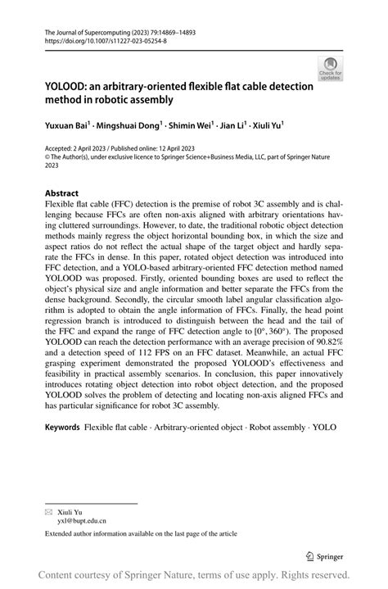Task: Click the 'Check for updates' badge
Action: pyautogui.click(x=331, y=69)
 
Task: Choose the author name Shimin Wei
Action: pyautogui.click(x=189, y=127)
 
